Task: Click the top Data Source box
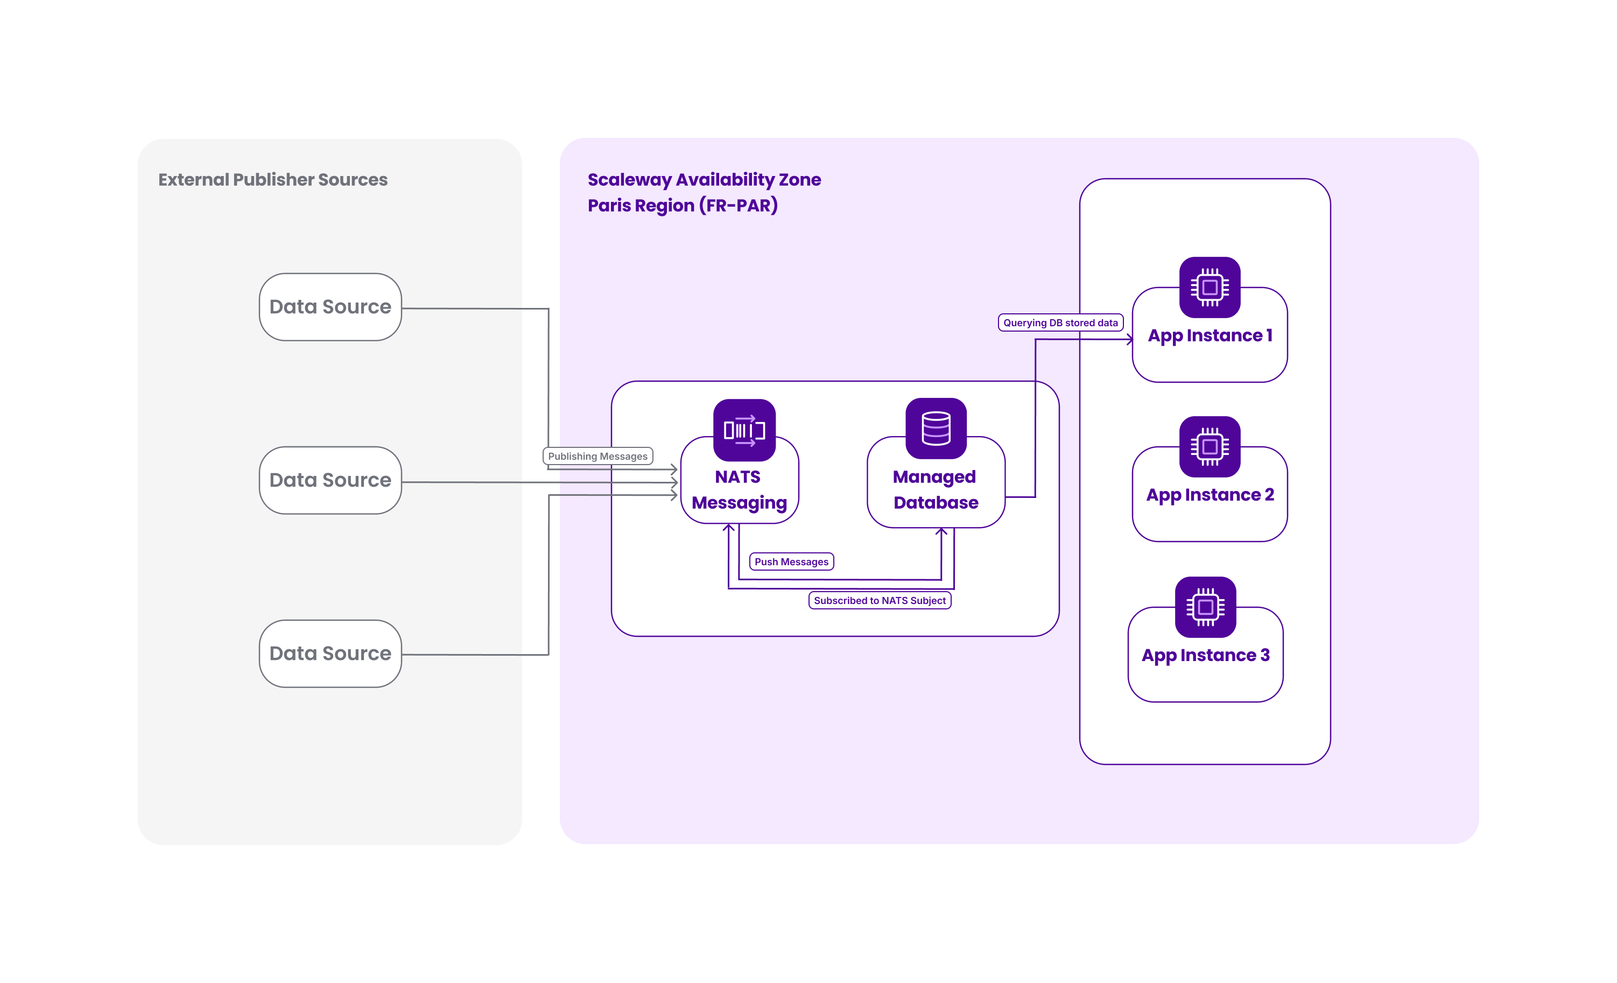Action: click(x=330, y=307)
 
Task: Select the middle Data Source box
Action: click(x=330, y=480)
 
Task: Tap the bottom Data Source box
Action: click(x=330, y=654)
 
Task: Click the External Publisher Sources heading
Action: click(x=273, y=180)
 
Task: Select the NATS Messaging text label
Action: click(x=739, y=489)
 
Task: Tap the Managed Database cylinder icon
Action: click(x=936, y=429)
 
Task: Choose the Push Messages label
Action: click(x=791, y=561)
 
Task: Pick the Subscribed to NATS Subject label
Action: click(x=880, y=600)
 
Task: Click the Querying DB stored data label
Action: click(x=1060, y=323)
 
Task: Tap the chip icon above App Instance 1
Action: click(x=1210, y=287)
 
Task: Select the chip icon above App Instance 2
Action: click(x=1210, y=447)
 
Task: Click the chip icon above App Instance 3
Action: click(x=1206, y=607)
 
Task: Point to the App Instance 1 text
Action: click(x=1210, y=336)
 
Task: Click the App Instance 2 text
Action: click(x=1210, y=495)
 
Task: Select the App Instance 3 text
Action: click(x=1206, y=656)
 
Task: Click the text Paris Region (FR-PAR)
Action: click(x=683, y=206)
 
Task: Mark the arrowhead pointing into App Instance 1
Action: click(x=1129, y=339)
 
